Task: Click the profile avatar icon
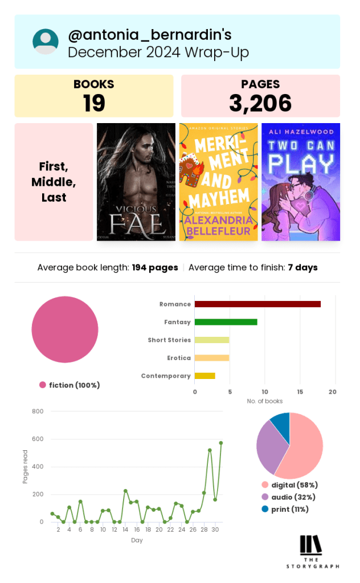(46, 42)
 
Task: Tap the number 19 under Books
(94, 103)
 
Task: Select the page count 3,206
(260, 103)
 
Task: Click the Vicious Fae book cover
(136, 182)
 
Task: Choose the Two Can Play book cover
(301, 182)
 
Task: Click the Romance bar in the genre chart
(257, 304)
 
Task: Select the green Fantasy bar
(226, 322)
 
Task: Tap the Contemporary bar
(205, 376)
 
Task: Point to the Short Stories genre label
(169, 340)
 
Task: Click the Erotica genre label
(179, 358)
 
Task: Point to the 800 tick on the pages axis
(38, 411)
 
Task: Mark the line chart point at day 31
(221, 443)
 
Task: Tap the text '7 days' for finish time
(302, 267)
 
